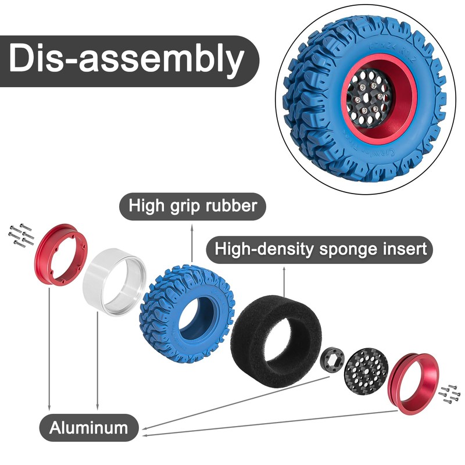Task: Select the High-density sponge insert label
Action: click(320, 249)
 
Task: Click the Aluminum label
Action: click(89, 428)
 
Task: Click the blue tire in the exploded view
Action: click(174, 308)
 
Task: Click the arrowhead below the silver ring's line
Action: click(98, 406)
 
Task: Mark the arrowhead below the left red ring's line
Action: click(50, 406)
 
